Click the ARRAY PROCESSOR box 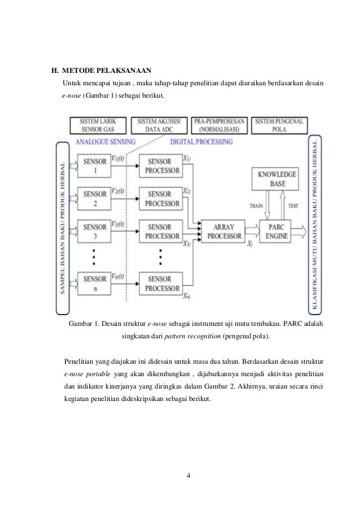point(222,231)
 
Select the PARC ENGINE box point(278,231)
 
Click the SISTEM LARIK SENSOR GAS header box point(96,125)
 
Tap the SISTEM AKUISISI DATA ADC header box point(158,125)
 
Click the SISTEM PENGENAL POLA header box point(279,125)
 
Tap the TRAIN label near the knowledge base point(256,206)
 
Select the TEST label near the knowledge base point(293,206)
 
